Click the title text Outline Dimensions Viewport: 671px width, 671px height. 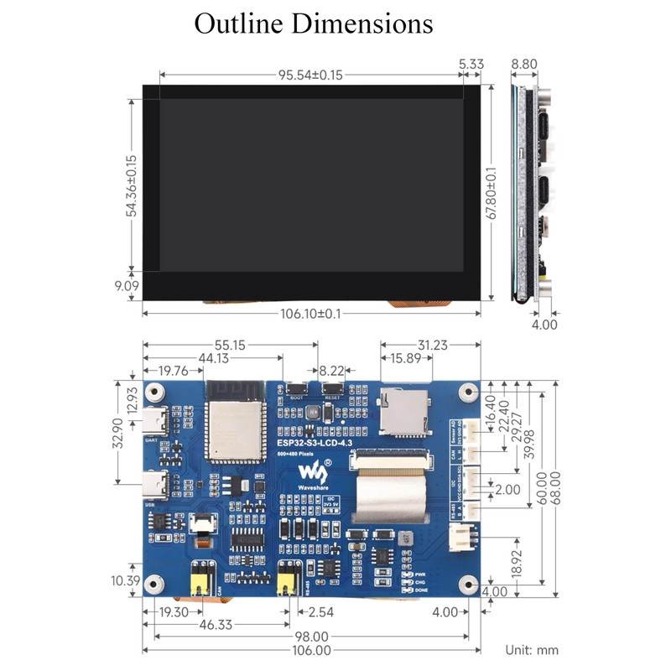[314, 23]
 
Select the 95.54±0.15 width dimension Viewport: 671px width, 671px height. [310, 74]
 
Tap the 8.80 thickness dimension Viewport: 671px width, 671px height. [525, 65]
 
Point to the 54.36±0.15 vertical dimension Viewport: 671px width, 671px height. [131, 185]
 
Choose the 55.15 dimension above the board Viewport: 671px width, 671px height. [230, 345]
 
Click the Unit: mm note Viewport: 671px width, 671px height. [532, 649]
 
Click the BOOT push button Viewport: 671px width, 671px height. [295, 388]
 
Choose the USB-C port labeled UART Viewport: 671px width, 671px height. [156, 419]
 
